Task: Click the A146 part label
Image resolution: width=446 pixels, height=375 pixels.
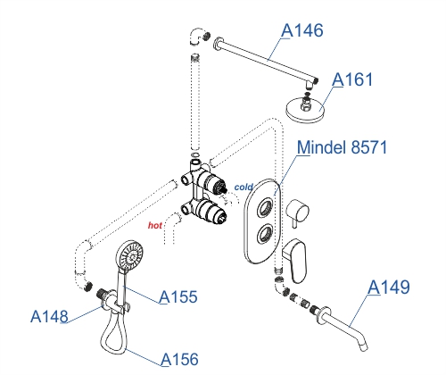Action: pos(302,30)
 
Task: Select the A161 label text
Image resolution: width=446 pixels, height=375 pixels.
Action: pos(352,79)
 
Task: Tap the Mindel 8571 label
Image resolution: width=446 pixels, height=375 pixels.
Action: pos(342,147)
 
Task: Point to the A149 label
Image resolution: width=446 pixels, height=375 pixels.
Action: pos(389,287)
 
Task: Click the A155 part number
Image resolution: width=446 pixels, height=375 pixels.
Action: pos(178,296)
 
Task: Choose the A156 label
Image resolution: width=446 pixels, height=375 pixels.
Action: pos(179,359)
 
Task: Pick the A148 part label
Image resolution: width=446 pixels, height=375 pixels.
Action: pos(49,316)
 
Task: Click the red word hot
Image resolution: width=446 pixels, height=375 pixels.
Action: pos(155,225)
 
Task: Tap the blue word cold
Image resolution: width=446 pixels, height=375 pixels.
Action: pos(244,187)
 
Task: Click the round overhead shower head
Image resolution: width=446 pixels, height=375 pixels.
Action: pos(305,109)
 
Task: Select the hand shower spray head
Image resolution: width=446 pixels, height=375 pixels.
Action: pos(129,255)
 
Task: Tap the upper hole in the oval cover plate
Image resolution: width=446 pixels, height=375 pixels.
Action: pos(265,207)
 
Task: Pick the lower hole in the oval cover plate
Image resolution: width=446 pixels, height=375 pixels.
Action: pos(264,234)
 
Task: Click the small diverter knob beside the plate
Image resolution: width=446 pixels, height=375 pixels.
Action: pos(298,212)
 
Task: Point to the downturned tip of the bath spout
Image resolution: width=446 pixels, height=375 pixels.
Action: pos(364,346)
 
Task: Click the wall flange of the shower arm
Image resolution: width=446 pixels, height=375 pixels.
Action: pos(219,44)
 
